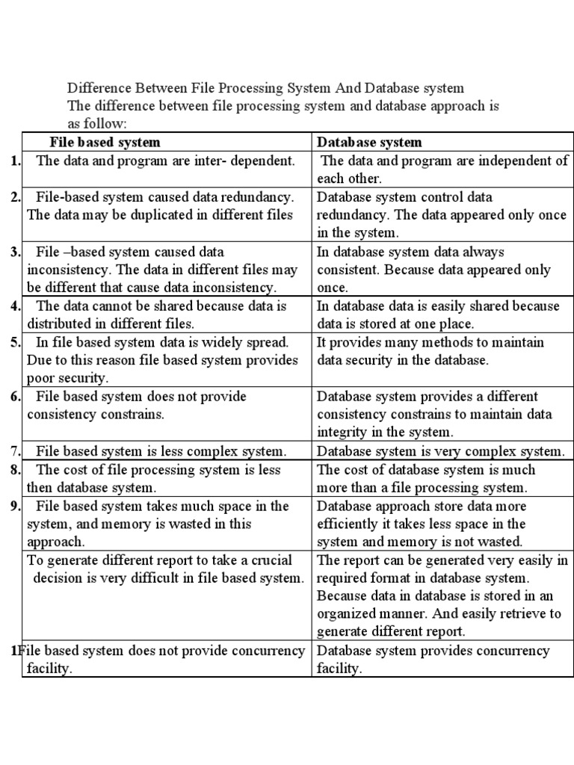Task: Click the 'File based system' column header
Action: click(x=105, y=142)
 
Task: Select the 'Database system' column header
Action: click(x=369, y=142)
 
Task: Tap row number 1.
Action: click(x=15, y=161)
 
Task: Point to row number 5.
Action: click(x=15, y=342)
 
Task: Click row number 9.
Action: click(x=15, y=506)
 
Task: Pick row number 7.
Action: click(x=15, y=451)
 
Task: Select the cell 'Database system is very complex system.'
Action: click(x=440, y=451)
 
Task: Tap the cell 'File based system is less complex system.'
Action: click(x=161, y=451)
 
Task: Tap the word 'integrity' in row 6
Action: click(x=342, y=432)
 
